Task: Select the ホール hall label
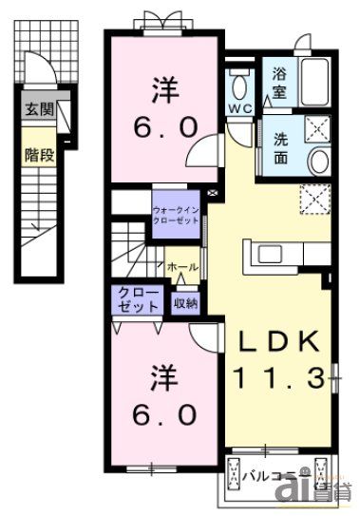point(182,268)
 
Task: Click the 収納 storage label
point(185,304)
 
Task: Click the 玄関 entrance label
point(39,110)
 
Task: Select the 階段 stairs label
point(39,152)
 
